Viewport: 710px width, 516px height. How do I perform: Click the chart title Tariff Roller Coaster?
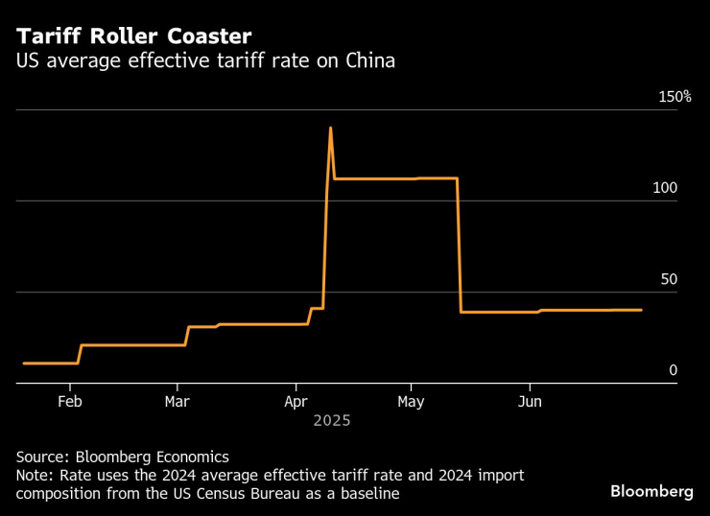[x=133, y=35]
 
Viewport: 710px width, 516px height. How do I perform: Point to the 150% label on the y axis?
[x=674, y=97]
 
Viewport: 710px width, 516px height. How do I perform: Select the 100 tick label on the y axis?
[x=665, y=188]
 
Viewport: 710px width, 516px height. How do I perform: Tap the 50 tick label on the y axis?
[x=669, y=279]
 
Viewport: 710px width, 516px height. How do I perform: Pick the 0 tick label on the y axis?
[x=673, y=370]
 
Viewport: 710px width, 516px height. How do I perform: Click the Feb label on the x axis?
[x=70, y=401]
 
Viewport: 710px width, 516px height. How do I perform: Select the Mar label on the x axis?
[x=177, y=401]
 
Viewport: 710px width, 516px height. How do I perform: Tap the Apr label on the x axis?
[x=296, y=401]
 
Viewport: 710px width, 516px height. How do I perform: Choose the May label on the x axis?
[x=411, y=401]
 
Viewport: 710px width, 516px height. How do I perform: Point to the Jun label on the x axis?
[x=530, y=401]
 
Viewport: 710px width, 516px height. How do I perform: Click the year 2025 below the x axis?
[x=331, y=420]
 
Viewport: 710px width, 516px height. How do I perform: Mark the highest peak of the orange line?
[x=330, y=128]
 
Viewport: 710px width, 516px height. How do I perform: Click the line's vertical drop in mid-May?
[x=459, y=245]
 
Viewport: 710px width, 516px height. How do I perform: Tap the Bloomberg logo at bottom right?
[x=651, y=491]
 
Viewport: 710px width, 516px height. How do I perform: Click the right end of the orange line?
[x=641, y=310]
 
